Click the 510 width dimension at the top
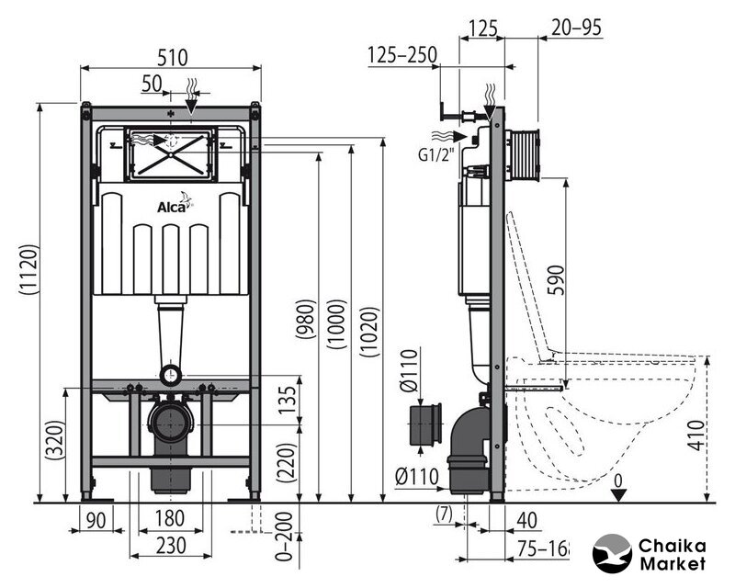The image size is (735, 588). coord(171,57)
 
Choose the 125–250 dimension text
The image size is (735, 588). coord(402,56)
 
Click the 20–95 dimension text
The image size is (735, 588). coord(577,28)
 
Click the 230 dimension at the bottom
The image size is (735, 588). coord(170,545)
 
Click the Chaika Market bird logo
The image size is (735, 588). coord(615,554)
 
